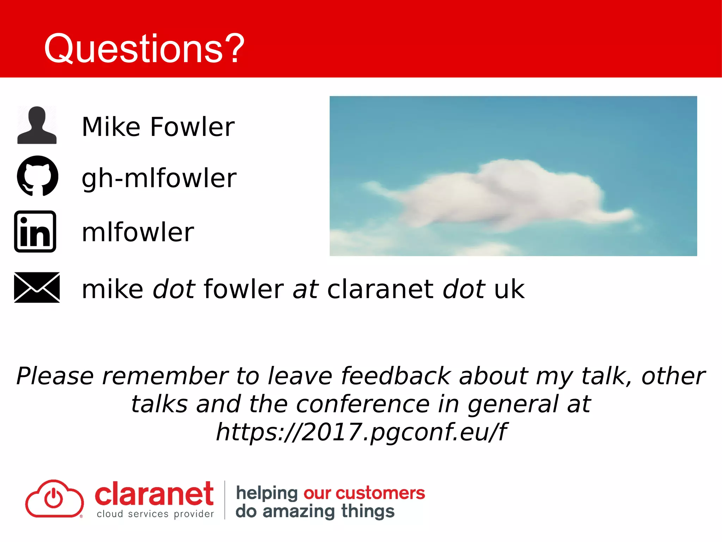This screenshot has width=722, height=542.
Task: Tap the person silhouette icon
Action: point(37,125)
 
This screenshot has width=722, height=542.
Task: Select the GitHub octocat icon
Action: point(37,176)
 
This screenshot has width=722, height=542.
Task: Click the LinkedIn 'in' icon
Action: point(35,231)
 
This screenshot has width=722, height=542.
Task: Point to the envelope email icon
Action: point(37,287)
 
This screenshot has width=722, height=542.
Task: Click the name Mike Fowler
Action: point(158,127)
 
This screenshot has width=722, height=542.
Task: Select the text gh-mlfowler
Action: point(159,178)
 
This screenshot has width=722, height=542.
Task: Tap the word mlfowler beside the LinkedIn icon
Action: point(137,233)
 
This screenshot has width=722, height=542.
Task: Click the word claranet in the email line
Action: point(380,289)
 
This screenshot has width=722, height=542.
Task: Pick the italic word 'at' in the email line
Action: point(305,289)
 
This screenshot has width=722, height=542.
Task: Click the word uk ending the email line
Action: point(509,289)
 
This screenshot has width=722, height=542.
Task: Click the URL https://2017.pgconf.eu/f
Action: point(361,432)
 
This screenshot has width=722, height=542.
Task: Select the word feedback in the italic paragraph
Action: point(396,376)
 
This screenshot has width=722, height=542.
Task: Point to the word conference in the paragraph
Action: point(362,404)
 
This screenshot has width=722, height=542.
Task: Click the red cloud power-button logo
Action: point(54,499)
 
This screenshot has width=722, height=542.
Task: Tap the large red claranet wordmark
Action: point(154,494)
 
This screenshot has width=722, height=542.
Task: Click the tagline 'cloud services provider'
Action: point(155,514)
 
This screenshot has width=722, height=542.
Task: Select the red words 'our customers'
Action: point(364,493)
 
